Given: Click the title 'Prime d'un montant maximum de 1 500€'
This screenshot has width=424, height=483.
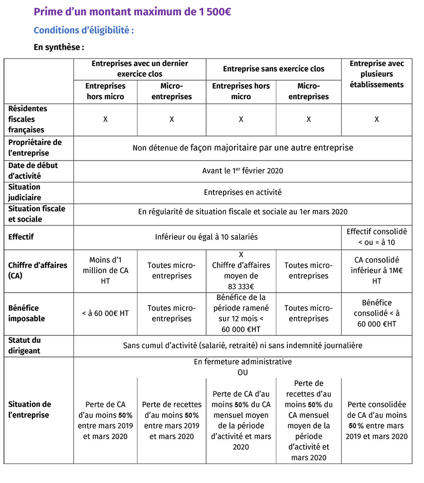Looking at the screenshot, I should click(x=132, y=12).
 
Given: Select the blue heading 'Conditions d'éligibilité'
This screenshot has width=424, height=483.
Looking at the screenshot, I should click(x=83, y=30).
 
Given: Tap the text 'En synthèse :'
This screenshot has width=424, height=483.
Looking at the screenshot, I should click(x=58, y=48).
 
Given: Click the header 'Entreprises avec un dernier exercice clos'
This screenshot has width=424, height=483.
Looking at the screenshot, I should click(x=140, y=69).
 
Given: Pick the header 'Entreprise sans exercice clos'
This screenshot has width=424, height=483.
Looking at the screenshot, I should click(x=273, y=69).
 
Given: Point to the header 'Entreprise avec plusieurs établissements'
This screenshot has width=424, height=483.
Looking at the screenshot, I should click(x=377, y=74).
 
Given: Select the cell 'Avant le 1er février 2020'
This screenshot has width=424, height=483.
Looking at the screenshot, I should click(x=242, y=170).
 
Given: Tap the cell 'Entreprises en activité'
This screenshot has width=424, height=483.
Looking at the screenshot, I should click(x=242, y=192).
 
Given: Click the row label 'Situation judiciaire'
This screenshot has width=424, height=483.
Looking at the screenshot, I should click(x=24, y=192).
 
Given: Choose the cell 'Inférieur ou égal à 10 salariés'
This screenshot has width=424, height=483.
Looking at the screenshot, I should click(x=207, y=237).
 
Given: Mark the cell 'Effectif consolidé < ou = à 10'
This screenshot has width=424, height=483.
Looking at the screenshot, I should click(x=377, y=237).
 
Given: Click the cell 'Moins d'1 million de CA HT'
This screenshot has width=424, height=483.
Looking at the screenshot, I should click(x=105, y=270).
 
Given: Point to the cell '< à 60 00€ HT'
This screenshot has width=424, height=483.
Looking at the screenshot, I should click(x=105, y=313).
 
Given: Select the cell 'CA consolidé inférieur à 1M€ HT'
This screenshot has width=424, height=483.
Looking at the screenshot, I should click(x=377, y=270).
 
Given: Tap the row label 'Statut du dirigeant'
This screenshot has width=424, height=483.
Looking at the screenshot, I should click(x=24, y=345).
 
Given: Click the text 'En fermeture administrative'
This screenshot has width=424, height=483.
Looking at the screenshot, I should click(x=242, y=362).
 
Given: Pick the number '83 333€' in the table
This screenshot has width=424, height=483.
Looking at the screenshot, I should click(x=240, y=286).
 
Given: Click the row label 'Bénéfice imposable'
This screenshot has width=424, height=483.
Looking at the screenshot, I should click(x=26, y=313).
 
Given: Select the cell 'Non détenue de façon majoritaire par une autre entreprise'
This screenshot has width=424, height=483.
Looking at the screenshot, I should click(x=242, y=148).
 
